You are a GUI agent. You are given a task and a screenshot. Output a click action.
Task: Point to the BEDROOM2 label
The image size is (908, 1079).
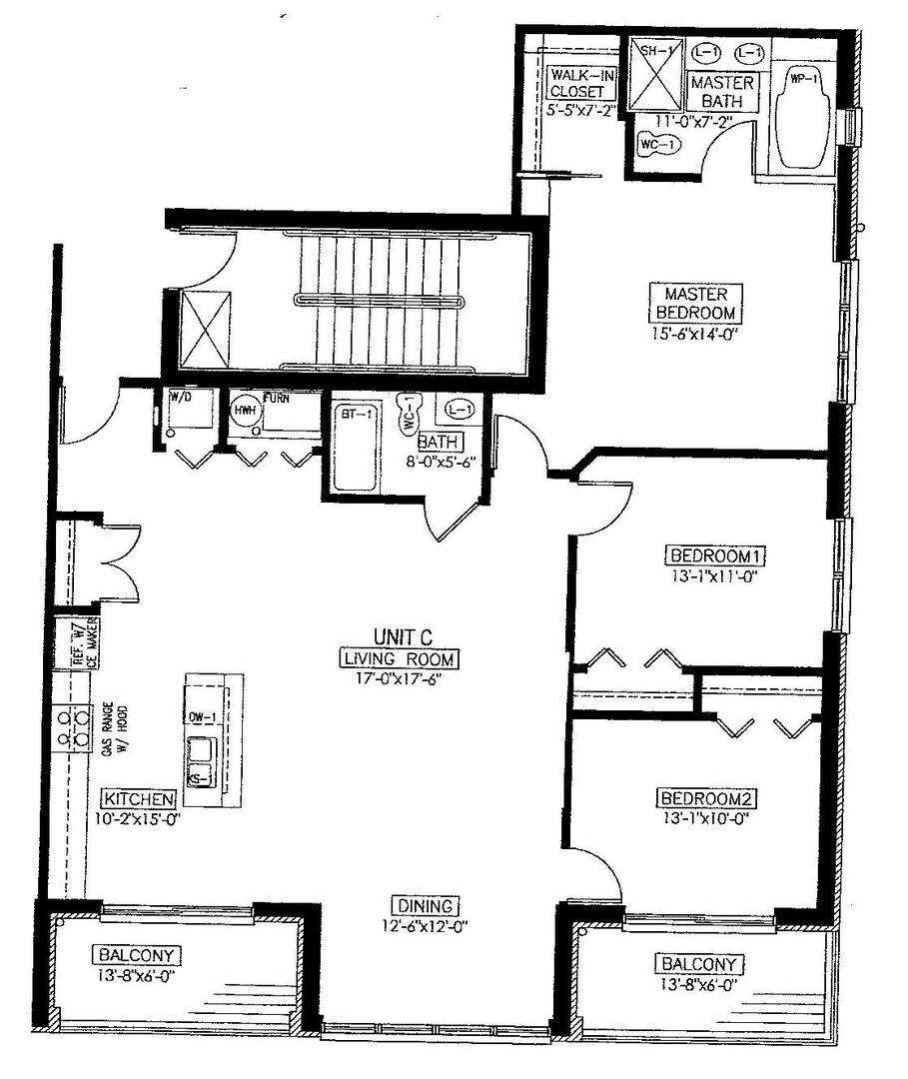point(703,797)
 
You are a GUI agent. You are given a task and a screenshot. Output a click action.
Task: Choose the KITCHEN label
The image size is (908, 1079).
point(139,798)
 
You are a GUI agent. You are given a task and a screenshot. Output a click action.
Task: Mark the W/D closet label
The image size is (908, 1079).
point(181,398)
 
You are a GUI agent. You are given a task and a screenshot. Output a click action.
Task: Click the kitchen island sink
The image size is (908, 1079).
point(199,758)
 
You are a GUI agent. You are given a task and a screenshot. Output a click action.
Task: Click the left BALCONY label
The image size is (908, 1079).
point(129,953)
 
